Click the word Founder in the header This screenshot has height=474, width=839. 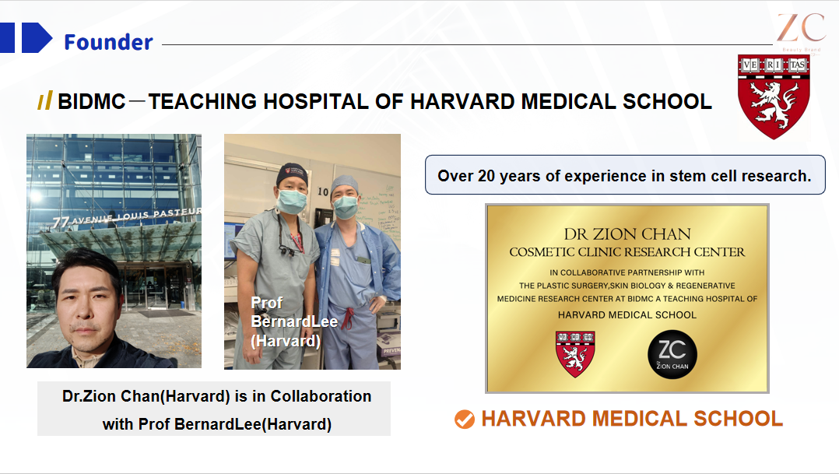[x=108, y=41]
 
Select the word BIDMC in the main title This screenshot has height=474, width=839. [x=92, y=101]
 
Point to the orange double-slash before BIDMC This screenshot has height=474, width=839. [x=45, y=101]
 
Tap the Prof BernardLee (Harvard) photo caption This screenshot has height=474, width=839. [x=285, y=321]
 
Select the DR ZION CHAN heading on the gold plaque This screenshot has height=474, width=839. [x=627, y=233]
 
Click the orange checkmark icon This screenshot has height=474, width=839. [x=465, y=420]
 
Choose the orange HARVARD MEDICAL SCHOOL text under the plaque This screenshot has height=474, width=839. [x=632, y=419]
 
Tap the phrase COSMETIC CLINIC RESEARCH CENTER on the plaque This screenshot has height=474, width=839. [x=627, y=252]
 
